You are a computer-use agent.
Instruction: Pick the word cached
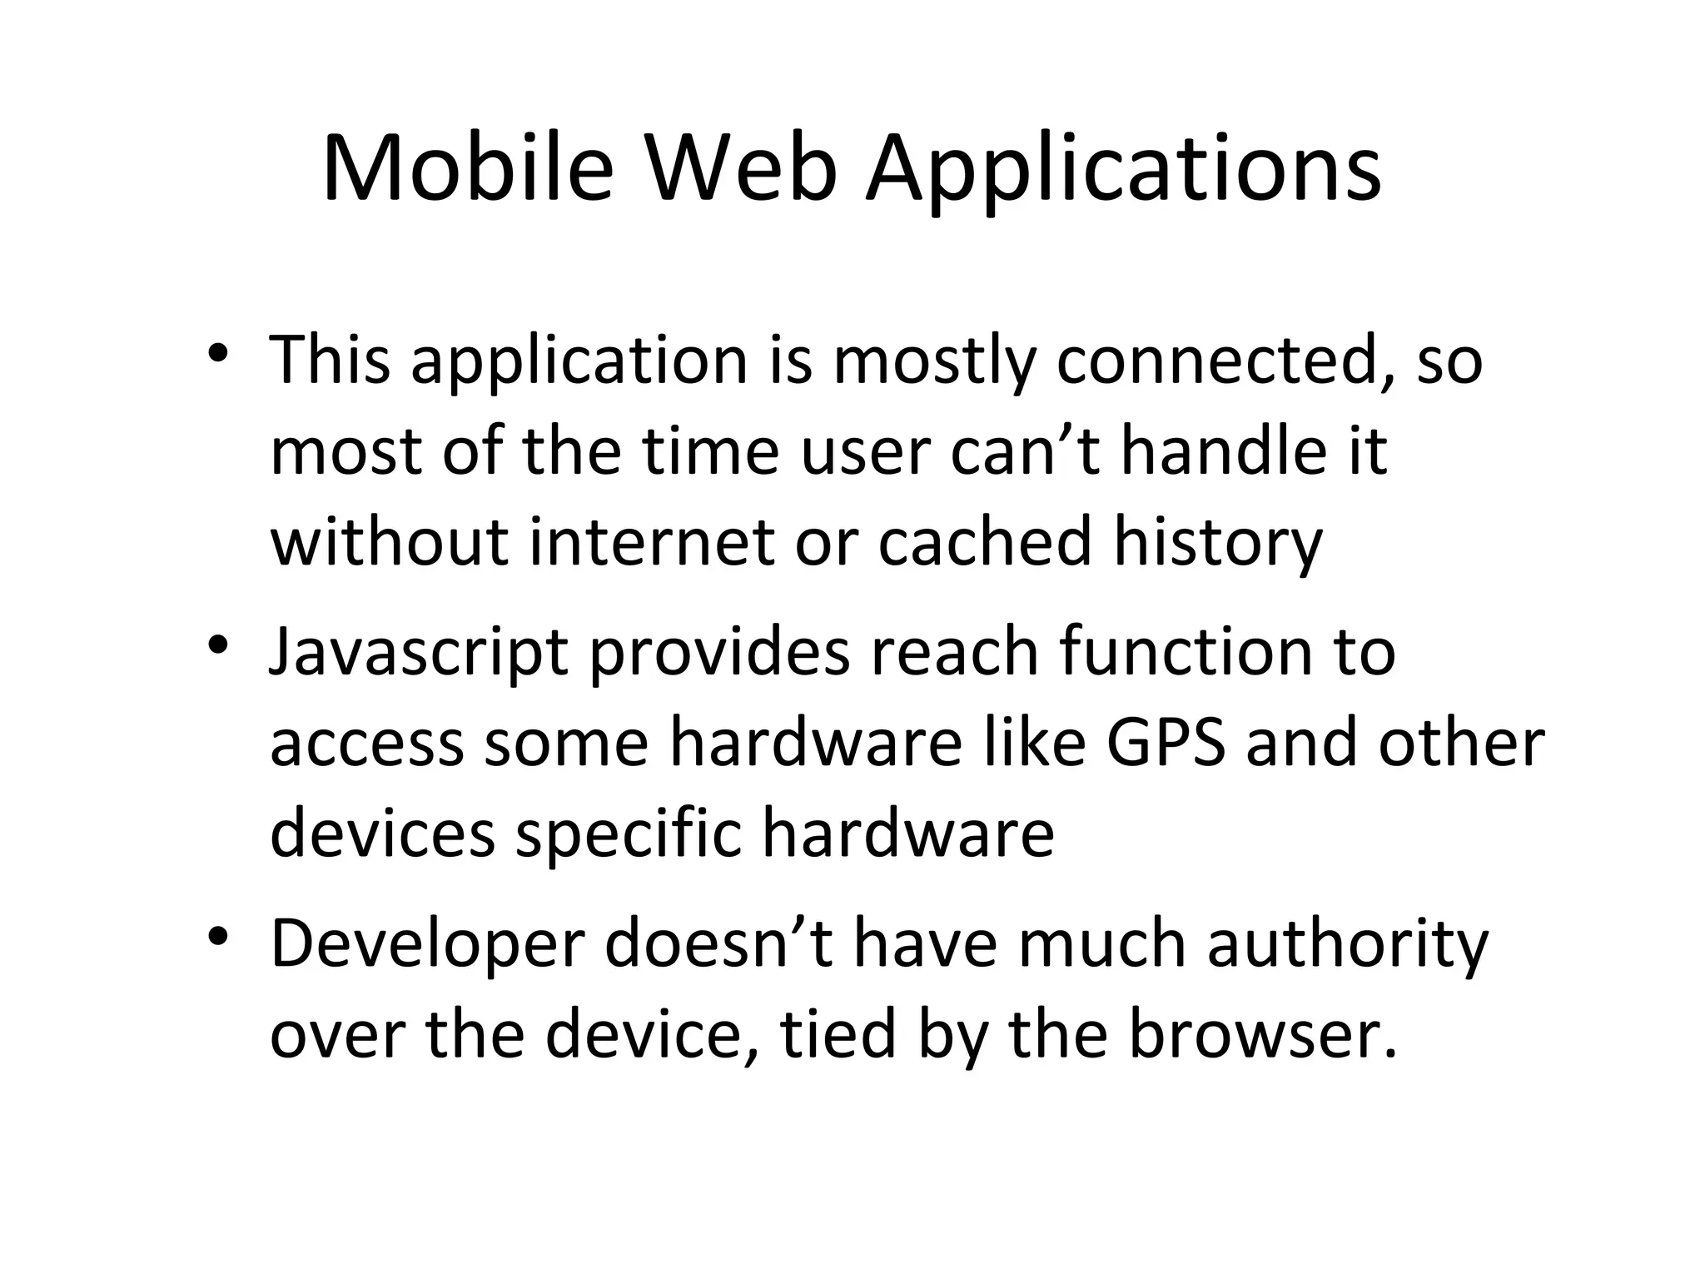point(984,541)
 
